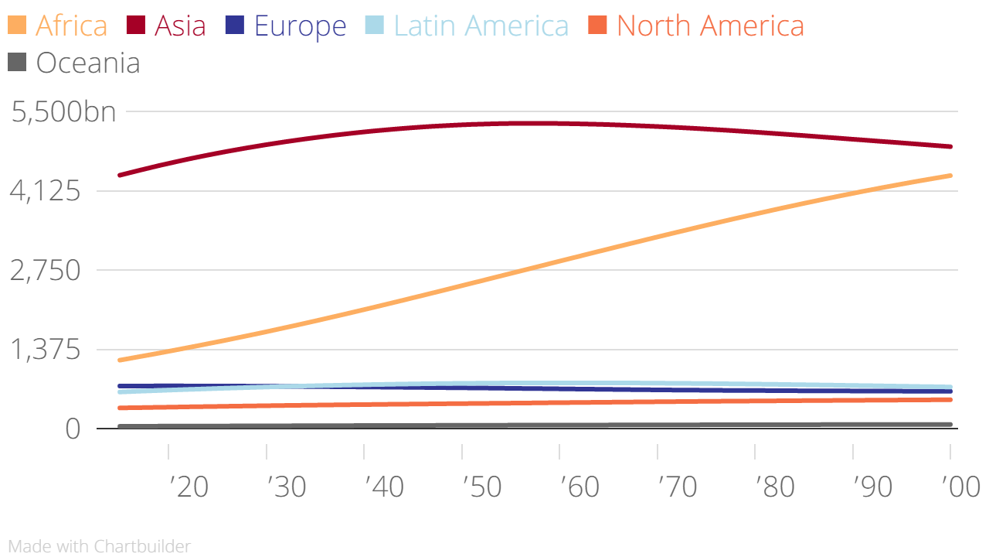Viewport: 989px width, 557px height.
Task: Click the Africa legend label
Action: tap(71, 26)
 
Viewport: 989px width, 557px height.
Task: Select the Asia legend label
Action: tap(180, 26)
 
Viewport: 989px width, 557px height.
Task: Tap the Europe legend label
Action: tap(300, 26)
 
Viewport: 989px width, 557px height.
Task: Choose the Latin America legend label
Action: tap(481, 26)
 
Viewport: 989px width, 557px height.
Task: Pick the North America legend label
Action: tap(710, 26)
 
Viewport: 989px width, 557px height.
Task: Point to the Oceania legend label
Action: tap(88, 63)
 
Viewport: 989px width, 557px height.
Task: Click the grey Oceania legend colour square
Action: tap(17, 62)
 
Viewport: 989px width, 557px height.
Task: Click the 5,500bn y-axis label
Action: tap(64, 112)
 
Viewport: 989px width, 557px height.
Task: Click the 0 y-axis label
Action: tap(73, 429)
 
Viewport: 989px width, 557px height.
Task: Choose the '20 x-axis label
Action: tap(189, 487)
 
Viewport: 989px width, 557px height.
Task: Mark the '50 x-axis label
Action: tap(482, 487)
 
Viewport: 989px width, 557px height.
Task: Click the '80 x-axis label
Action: tap(776, 487)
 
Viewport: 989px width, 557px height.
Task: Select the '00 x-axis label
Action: tap(961, 487)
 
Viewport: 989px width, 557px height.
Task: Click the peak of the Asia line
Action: tap(533, 123)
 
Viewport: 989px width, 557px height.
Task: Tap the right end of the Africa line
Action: tap(950, 176)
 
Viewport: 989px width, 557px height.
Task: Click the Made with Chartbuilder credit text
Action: tap(99, 546)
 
